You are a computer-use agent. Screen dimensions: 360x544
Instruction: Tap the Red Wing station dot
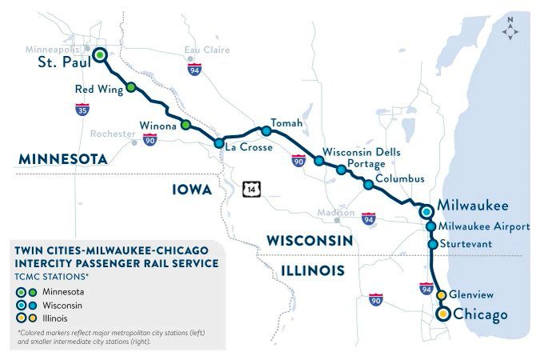(131, 88)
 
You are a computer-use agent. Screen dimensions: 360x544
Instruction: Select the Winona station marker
(186, 125)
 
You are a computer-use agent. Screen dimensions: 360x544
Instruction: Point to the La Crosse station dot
(218, 143)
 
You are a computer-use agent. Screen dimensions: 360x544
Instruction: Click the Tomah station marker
(266, 130)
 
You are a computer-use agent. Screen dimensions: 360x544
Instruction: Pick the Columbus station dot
(368, 185)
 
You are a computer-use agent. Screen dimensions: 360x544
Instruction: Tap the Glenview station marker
(441, 295)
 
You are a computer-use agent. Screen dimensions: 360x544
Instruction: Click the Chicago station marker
(442, 315)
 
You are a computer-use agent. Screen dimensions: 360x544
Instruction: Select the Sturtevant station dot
(432, 244)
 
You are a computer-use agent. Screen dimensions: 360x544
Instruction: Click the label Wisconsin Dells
(361, 151)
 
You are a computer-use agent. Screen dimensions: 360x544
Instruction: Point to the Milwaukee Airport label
(485, 226)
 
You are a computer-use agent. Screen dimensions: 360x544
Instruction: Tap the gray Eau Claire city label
(206, 50)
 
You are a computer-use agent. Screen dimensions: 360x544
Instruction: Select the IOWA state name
(192, 190)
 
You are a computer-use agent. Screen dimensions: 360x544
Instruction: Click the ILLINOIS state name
(313, 270)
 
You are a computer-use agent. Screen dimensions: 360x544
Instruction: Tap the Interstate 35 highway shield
(83, 110)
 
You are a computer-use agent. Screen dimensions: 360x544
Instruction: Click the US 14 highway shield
(254, 190)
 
